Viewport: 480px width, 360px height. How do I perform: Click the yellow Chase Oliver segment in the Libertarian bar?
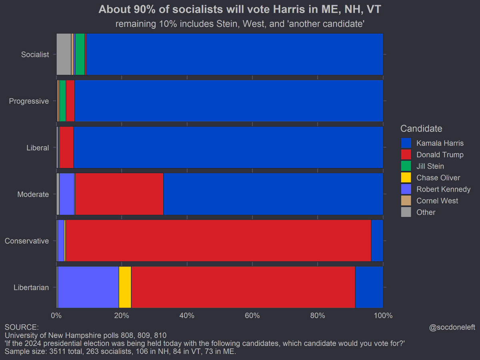click(x=125, y=287)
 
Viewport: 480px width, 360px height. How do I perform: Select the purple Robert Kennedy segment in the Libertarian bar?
click(x=88, y=287)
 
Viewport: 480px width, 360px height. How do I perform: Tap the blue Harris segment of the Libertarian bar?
click(x=369, y=287)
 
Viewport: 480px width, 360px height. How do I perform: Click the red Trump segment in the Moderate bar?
click(x=119, y=194)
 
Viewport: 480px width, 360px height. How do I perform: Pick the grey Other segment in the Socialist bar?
click(x=64, y=54)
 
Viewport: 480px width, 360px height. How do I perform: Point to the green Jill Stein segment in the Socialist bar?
click(x=80, y=54)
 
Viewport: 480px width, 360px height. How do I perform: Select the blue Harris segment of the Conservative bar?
click(x=377, y=241)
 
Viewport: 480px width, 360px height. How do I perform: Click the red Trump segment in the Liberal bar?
click(x=66, y=148)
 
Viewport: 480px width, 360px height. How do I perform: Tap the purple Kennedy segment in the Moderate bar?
click(x=67, y=194)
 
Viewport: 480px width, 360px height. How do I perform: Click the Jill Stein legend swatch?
click(x=406, y=166)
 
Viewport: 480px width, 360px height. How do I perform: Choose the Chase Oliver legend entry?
click(x=438, y=178)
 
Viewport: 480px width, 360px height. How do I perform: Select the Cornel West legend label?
click(x=437, y=201)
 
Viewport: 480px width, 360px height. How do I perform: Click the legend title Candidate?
click(x=421, y=129)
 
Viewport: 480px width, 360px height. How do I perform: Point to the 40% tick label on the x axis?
click(x=187, y=316)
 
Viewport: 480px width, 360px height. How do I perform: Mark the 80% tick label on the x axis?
click(x=318, y=316)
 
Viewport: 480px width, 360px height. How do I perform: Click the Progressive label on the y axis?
click(x=29, y=101)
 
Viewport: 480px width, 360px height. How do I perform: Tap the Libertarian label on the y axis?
click(x=31, y=287)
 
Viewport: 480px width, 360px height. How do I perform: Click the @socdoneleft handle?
click(x=452, y=327)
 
